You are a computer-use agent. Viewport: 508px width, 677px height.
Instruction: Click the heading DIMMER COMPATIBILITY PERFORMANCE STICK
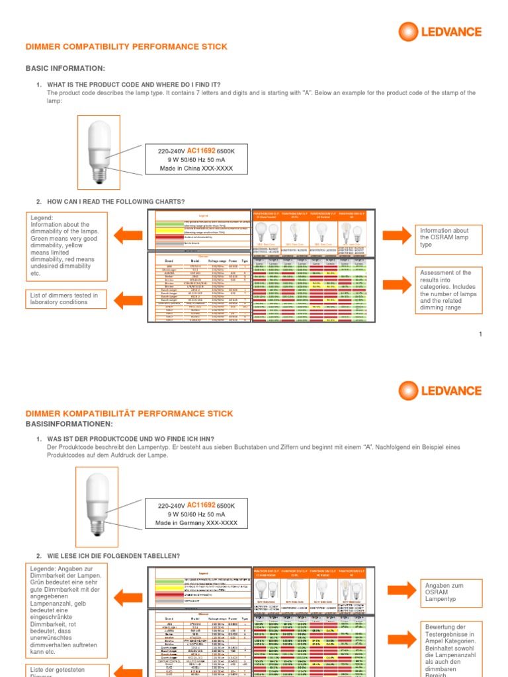(x=126, y=47)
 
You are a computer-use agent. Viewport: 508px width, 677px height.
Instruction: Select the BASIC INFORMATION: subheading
(x=65, y=68)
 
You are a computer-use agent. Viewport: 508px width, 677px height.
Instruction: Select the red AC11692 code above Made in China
(x=202, y=151)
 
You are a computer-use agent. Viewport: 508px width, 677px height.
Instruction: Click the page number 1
(x=481, y=335)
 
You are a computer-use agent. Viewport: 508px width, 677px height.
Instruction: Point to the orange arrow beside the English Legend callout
(x=128, y=234)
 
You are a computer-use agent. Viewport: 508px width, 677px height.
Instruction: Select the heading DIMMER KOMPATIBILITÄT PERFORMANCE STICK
(x=129, y=413)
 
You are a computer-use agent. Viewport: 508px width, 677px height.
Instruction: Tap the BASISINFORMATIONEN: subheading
(x=69, y=424)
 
